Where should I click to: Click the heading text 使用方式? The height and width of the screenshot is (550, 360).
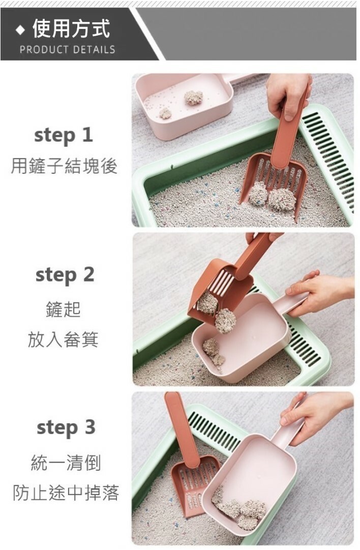click(71, 28)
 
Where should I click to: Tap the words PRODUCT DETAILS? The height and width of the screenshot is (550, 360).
click(67, 49)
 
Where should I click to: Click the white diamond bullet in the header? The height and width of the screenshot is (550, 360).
click(20, 30)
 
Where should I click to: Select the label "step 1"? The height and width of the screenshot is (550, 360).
click(64, 136)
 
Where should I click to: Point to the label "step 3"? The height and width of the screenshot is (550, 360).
click(66, 427)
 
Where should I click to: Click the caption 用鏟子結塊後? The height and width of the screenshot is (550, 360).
click(64, 166)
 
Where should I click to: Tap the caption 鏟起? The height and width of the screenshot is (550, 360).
click(63, 310)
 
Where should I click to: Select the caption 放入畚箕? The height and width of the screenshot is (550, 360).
click(63, 339)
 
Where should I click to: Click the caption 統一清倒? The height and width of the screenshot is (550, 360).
click(66, 463)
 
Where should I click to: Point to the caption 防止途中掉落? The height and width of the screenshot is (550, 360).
click(66, 493)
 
